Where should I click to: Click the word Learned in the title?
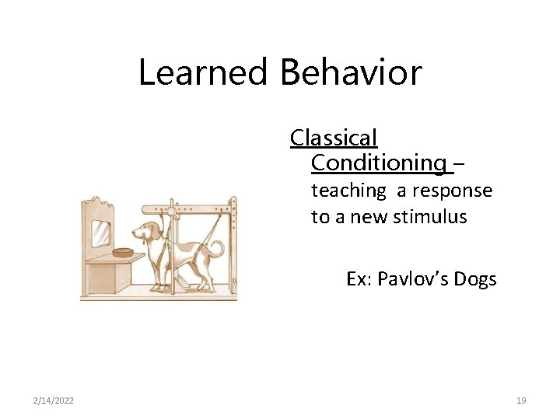pyautogui.click(x=205, y=72)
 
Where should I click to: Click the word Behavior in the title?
pyautogui.click(x=351, y=72)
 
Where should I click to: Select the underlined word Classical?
pyautogui.click(x=334, y=138)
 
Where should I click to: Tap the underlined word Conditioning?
pyautogui.click(x=378, y=163)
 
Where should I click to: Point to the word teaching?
pyautogui.click(x=348, y=191)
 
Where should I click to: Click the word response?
pyautogui.click(x=452, y=191)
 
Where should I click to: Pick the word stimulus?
pyautogui.click(x=432, y=216)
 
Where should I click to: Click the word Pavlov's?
pyautogui.click(x=411, y=278)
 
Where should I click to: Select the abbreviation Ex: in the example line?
pyautogui.click(x=359, y=278)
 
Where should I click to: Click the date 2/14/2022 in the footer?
pyautogui.click(x=54, y=401)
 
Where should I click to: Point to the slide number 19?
pyautogui.click(x=521, y=401)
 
